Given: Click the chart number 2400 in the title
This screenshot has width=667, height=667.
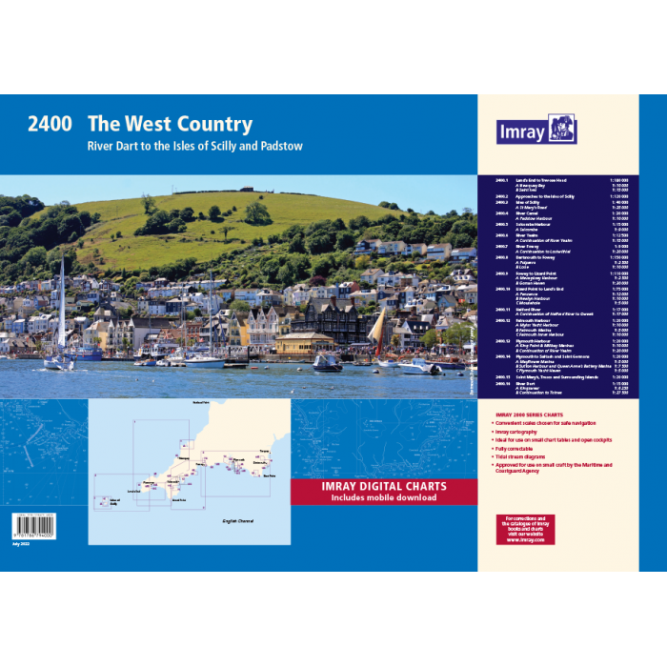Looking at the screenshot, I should (x=51, y=125).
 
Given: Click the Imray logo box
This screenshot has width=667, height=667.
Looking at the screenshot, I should (x=536, y=130).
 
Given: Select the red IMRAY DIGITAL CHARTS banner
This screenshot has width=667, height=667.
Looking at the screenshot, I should (x=384, y=491).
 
